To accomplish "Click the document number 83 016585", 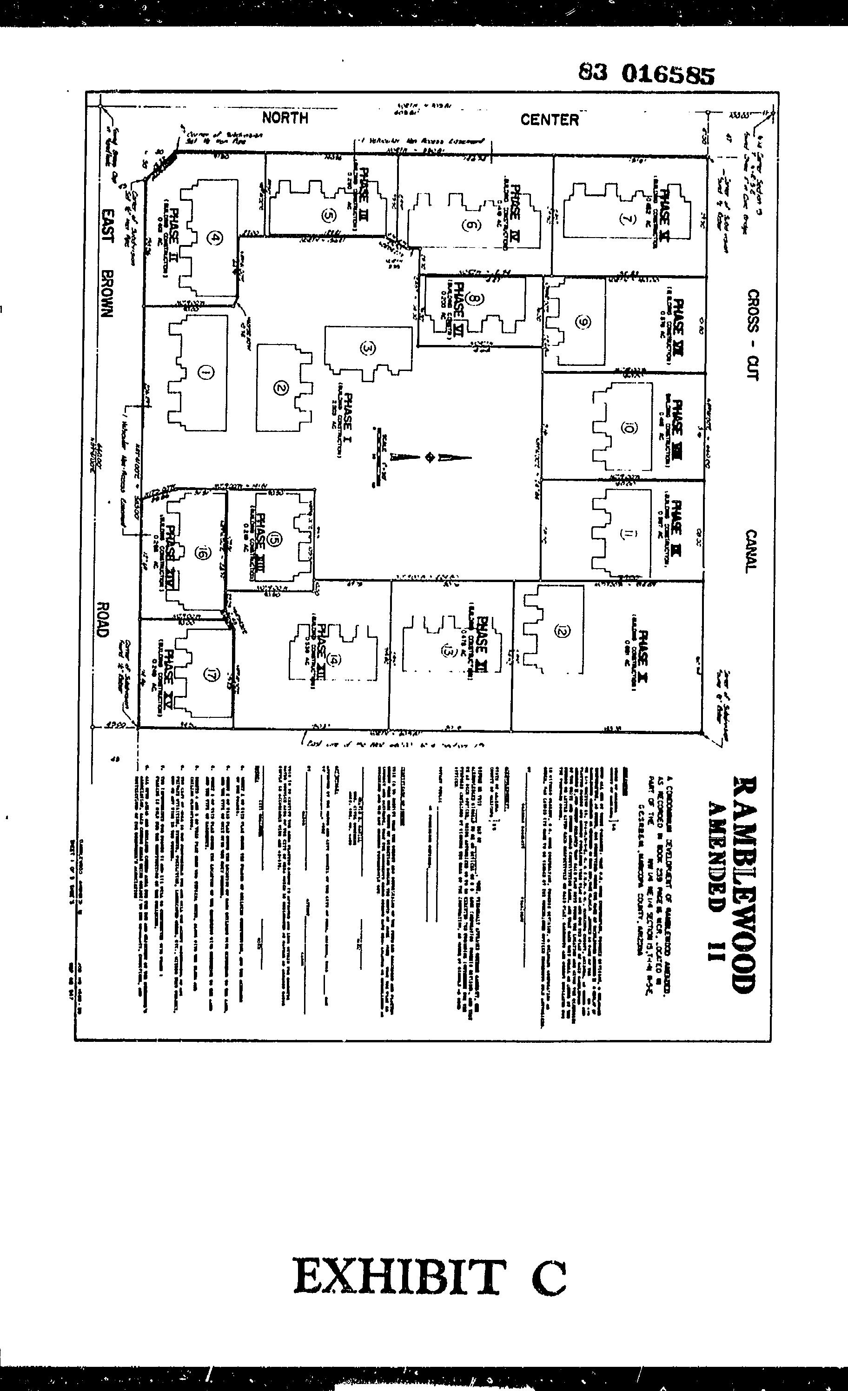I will coord(646,74).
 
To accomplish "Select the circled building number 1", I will coord(205,372).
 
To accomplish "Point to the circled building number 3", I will coord(367,348).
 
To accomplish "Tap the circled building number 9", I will coord(583,322).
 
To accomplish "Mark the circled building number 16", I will coord(200,553).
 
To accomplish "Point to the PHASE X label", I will coord(643,656).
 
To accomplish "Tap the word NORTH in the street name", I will coord(285,118).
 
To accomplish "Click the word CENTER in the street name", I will coord(550,119).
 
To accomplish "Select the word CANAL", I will coord(751,551).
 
